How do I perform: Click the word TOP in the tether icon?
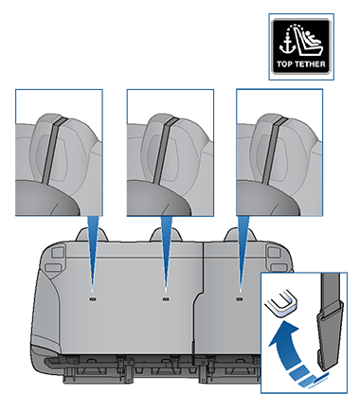[283, 64]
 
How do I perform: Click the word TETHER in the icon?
[309, 64]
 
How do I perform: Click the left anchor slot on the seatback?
[93, 298]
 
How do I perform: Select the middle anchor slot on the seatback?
[165, 298]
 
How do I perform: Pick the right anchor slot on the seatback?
[240, 298]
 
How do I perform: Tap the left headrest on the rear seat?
[92, 235]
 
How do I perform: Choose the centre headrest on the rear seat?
[166, 235]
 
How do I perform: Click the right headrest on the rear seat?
[240, 235]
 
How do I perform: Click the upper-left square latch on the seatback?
[57, 252]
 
